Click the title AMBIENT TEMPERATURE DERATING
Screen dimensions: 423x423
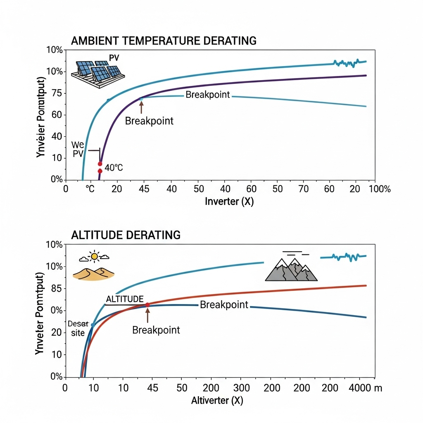point(164,40)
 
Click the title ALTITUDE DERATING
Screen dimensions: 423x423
point(126,235)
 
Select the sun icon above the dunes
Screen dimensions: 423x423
point(95,257)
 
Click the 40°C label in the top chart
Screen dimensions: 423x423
point(114,168)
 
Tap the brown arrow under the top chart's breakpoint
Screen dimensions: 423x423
point(141,107)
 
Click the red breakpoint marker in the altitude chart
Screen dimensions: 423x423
point(147,305)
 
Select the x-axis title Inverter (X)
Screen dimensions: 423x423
point(229,202)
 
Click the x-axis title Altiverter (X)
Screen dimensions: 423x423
point(217,400)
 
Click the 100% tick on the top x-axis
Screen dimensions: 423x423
point(379,189)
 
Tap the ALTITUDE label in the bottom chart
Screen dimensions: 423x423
point(125,299)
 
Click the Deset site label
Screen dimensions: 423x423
point(76,328)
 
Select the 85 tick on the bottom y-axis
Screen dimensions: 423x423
point(57,288)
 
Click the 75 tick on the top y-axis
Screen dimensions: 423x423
point(57,93)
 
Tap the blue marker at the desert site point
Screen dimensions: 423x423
point(93,325)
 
